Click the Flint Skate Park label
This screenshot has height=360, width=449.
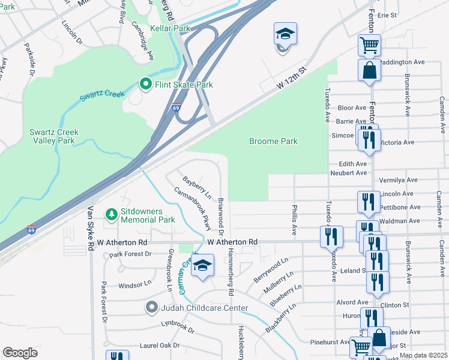(184, 85)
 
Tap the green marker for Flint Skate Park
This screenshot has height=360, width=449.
(145, 85)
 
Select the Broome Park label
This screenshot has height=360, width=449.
(273, 142)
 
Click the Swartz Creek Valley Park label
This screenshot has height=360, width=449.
(52, 136)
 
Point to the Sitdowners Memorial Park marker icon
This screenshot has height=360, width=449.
(110, 214)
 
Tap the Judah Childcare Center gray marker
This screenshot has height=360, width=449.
(152, 308)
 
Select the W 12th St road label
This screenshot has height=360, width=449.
(292, 79)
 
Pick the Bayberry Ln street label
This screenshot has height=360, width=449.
(197, 187)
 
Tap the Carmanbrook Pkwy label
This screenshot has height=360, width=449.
(194, 209)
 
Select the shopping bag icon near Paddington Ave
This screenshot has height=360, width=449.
(369, 70)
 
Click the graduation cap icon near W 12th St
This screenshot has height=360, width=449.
(285, 34)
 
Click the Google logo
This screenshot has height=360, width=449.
(20, 353)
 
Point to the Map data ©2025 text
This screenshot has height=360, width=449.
(423, 355)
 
